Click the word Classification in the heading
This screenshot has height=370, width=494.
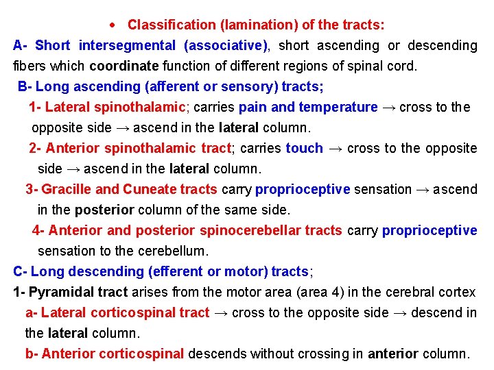pyautogui.click(x=172, y=25)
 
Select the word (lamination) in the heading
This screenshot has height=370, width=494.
pyautogui.click(x=259, y=25)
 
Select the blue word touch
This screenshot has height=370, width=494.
pyautogui.click(x=305, y=149)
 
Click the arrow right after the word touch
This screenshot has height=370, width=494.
pyautogui.click(x=336, y=149)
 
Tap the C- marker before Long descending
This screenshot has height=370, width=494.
pyautogui.click(x=20, y=272)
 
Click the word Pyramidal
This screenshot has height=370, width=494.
pyautogui.click(x=61, y=293)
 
